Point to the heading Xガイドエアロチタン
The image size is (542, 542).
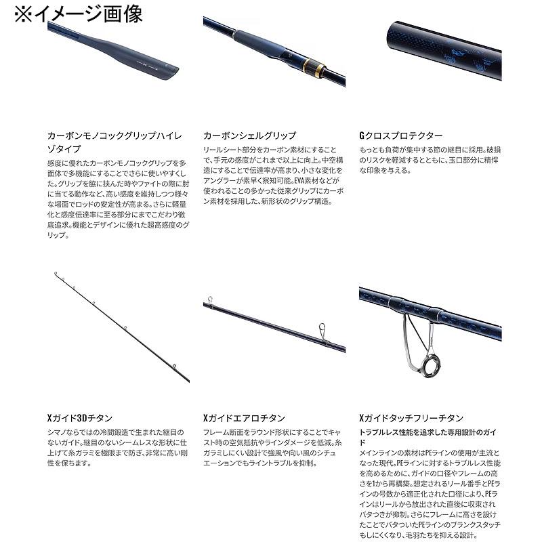coord(244,418)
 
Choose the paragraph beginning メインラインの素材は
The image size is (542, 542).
coord(431,494)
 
